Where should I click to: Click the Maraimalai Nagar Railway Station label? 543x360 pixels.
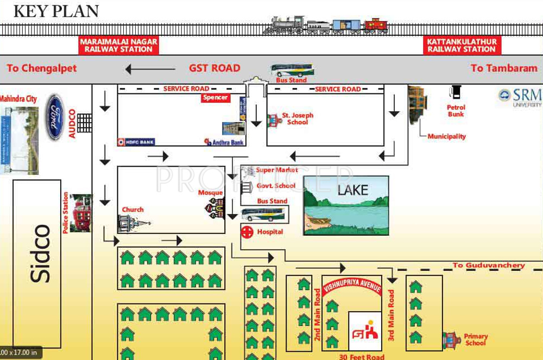point(118,45)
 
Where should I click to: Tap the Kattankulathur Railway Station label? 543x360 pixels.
point(462,45)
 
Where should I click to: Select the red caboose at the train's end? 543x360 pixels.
point(376,25)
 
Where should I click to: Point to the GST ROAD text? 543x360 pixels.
point(214,68)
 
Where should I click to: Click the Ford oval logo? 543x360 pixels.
point(55,117)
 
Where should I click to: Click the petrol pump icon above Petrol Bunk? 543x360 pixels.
point(455,93)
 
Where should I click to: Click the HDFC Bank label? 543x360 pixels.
point(136,142)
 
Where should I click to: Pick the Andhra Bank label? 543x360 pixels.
point(224,142)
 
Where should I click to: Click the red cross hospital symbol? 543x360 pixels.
point(247,232)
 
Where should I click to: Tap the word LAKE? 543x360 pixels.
point(352,190)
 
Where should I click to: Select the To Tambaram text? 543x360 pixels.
point(504,68)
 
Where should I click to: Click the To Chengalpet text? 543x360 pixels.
point(42,68)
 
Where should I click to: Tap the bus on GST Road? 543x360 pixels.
point(292,70)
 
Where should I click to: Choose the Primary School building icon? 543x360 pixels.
point(451,339)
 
